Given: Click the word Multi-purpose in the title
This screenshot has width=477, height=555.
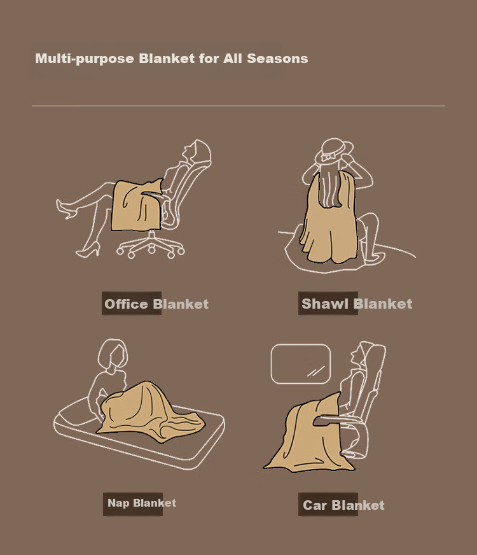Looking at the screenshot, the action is point(85,59).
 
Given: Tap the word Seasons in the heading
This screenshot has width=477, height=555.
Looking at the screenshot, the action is point(277,59).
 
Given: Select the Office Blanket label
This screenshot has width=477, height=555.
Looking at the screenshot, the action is point(156,304).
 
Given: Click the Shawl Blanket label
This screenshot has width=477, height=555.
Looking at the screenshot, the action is point(357,304).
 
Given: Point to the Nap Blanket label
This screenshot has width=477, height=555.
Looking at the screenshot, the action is point(141,503).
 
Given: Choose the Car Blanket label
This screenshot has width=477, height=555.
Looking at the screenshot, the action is point(343,505).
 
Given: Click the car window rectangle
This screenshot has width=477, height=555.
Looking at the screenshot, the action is point(301,364).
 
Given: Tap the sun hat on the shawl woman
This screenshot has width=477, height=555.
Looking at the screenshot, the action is point(334,151).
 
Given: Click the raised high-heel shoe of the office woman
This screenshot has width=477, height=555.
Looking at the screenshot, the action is point(66,209).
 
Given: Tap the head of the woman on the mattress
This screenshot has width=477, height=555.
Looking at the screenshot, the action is point(113,354).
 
